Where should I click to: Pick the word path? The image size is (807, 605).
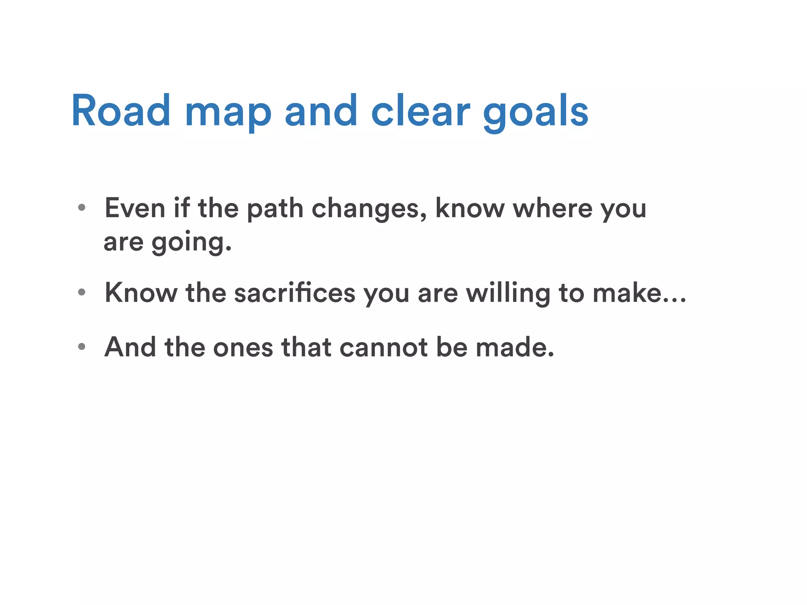coord(275,208)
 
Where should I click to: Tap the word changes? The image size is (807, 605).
coord(368,209)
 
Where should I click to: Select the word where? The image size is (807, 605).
coord(552,208)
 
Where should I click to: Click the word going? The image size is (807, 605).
coord(191,242)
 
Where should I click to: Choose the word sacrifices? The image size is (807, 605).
coord(294,293)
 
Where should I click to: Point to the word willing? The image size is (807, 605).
coord(508,293)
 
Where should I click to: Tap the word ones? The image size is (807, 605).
coord(243,347)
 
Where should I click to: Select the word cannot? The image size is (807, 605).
coord(383,347)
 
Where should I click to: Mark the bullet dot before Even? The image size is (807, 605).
coord(82,208)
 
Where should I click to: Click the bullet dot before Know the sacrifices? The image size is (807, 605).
coord(82,292)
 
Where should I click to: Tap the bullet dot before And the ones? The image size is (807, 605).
coord(82,347)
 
